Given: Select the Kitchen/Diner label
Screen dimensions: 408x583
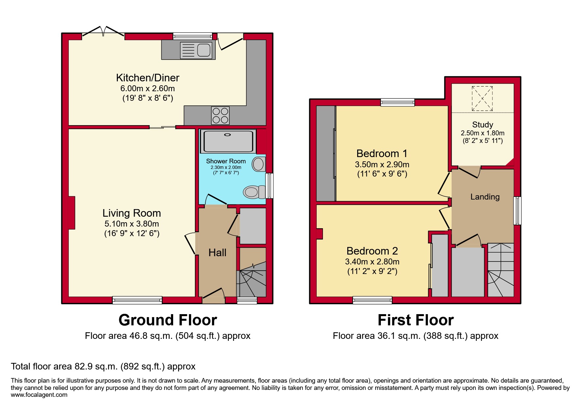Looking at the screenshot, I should (x=147, y=78).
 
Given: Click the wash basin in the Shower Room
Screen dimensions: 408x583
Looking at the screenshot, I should (x=258, y=164).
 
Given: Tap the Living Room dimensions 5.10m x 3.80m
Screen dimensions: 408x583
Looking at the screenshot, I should (x=132, y=224).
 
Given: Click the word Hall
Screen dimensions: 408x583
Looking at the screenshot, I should (x=217, y=253).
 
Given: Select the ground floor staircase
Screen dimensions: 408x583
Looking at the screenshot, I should (x=252, y=280).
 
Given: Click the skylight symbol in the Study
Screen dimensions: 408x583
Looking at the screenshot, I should (x=482, y=98).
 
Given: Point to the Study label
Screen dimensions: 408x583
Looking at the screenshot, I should (x=483, y=124).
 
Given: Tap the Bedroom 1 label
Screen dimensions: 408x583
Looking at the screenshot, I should (x=382, y=153).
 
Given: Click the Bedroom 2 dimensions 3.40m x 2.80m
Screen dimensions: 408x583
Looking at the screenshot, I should (x=372, y=262).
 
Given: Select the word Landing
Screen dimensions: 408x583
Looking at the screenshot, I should (x=485, y=197).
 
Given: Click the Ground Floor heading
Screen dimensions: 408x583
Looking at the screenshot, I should (x=168, y=320).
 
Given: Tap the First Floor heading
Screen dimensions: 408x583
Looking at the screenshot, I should (x=415, y=320).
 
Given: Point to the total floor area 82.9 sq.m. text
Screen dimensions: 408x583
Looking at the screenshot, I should (x=103, y=367).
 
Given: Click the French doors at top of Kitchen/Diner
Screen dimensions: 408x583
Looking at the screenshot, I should (x=103, y=32).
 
